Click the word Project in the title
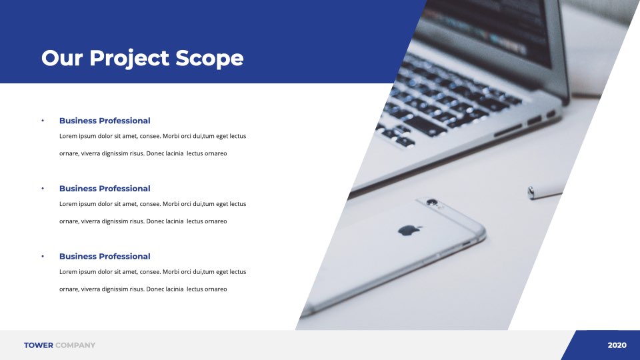129,59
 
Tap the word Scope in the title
209,58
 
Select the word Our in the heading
62,58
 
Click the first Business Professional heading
105,121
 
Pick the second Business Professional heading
105,189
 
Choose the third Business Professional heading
105,256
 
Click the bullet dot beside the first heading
43,121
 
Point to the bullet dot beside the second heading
43,188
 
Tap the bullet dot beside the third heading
43,256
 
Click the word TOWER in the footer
39,345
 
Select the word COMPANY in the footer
75,345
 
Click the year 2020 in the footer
617,345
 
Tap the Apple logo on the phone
409,230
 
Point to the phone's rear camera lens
432,202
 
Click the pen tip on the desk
531,192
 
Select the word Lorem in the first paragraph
68,136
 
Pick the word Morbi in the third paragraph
171,272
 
